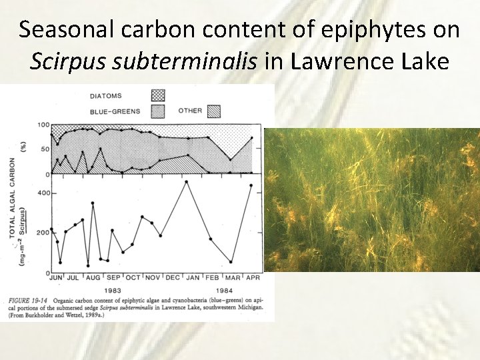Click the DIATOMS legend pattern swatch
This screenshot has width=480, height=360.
point(158,95)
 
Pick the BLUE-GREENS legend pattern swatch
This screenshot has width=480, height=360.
point(158,111)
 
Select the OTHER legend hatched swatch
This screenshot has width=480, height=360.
point(215,111)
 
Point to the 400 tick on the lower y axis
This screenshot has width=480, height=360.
point(43,193)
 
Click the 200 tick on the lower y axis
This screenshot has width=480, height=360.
point(43,234)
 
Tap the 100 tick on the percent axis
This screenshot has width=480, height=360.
point(43,125)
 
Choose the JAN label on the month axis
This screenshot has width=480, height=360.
point(191,277)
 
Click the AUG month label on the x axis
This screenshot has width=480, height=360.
point(93,277)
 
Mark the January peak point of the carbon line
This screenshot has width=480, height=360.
point(187,181)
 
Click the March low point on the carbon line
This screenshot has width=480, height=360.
point(231,262)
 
